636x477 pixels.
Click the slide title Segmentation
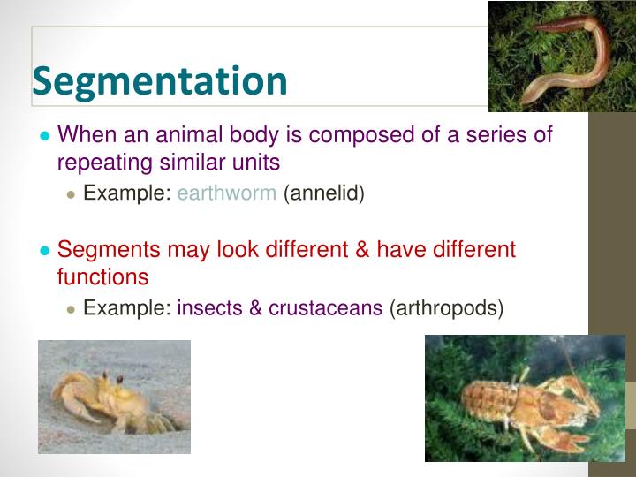160,81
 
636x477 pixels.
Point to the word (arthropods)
446,308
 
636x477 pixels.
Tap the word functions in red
102,276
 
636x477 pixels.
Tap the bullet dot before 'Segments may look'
44,251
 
